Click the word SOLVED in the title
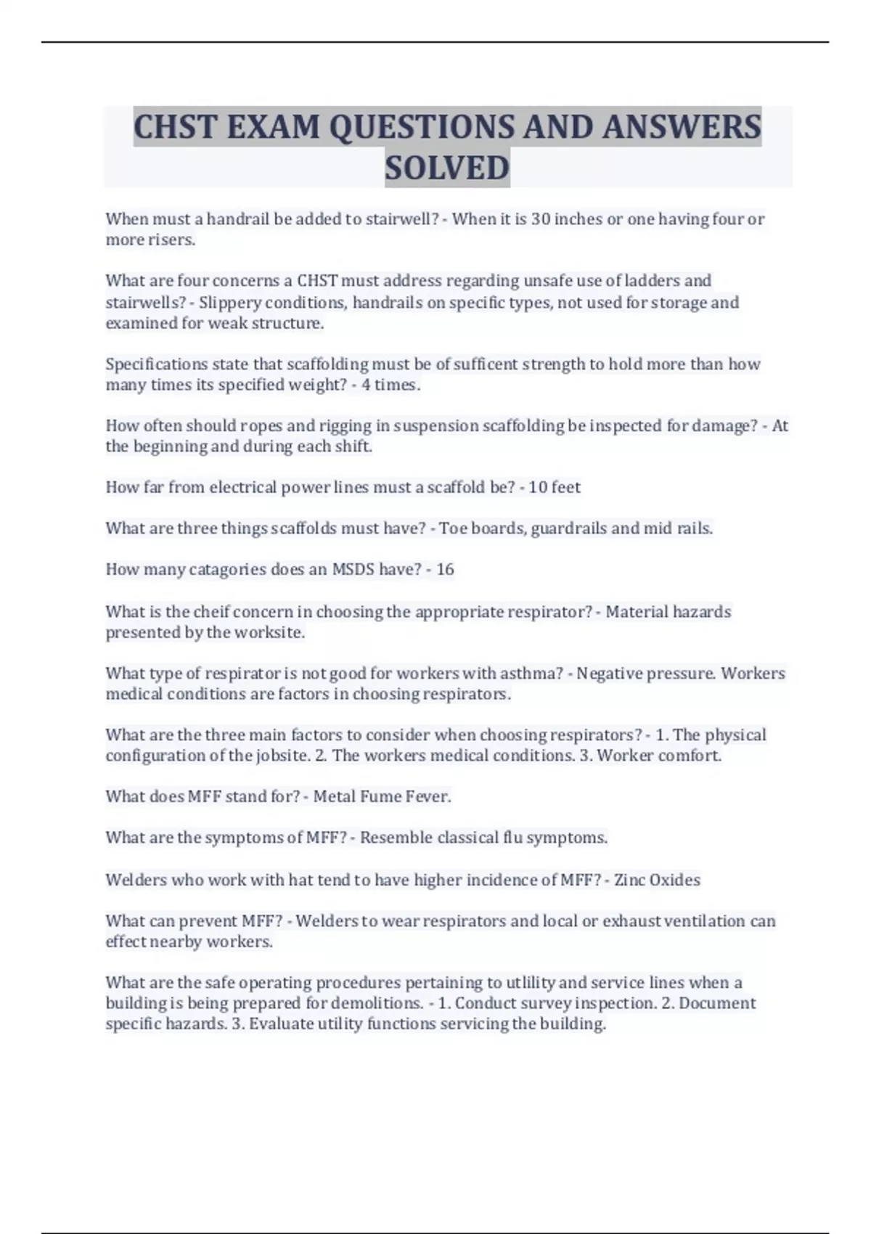click(x=447, y=168)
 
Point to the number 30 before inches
click(x=541, y=219)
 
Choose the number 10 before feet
click(x=538, y=487)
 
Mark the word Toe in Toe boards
click(x=453, y=528)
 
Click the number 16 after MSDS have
click(x=445, y=570)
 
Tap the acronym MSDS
click(x=353, y=570)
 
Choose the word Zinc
click(x=629, y=880)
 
